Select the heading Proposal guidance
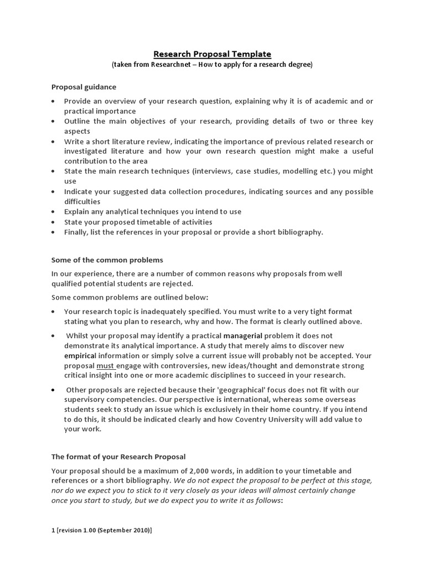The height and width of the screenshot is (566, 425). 84,87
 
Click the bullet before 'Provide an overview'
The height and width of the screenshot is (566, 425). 53,101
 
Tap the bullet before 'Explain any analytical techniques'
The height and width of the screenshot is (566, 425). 53,212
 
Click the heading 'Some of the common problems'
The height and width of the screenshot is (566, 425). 107,260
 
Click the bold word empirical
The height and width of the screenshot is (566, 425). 80,355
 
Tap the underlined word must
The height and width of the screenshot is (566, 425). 105,365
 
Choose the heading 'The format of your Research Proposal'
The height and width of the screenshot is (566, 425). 118,457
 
